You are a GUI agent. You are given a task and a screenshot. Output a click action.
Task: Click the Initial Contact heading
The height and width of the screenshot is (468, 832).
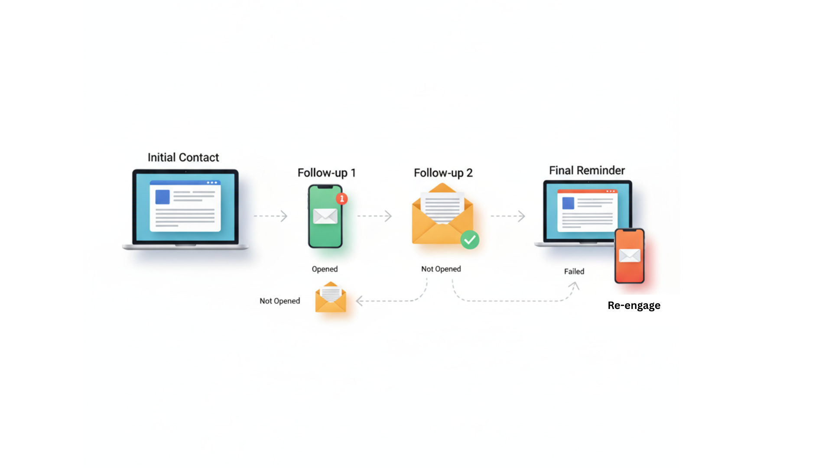pyautogui.click(x=183, y=157)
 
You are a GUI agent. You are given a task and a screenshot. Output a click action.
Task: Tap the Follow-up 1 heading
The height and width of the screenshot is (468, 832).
pyautogui.click(x=326, y=173)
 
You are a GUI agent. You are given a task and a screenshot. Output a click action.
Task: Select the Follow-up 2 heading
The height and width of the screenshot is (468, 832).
pyautogui.click(x=443, y=173)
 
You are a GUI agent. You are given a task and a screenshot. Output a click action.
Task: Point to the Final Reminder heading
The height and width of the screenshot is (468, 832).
pyautogui.click(x=587, y=170)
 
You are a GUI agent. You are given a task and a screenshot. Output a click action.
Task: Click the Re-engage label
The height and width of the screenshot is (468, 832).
pyautogui.click(x=634, y=305)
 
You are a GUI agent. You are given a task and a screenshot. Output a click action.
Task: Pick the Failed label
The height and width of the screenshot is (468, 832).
pyautogui.click(x=574, y=271)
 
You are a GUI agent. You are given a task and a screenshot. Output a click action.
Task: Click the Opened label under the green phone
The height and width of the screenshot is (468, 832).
pyautogui.click(x=325, y=269)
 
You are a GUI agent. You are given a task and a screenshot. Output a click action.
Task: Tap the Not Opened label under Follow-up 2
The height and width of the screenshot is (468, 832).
pyautogui.click(x=441, y=269)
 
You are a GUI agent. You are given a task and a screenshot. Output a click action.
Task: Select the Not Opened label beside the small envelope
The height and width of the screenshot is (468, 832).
pyautogui.click(x=279, y=301)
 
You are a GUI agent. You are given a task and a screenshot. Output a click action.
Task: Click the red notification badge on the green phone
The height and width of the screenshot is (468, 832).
pyautogui.click(x=342, y=199)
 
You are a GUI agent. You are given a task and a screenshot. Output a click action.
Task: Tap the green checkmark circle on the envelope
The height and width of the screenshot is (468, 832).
pyautogui.click(x=470, y=240)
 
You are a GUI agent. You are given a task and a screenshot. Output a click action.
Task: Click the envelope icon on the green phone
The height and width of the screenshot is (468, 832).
pyautogui.click(x=325, y=216)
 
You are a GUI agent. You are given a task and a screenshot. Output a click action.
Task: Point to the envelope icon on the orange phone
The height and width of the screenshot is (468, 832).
pyautogui.click(x=630, y=256)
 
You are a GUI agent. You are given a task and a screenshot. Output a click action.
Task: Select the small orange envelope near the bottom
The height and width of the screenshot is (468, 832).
pyautogui.click(x=331, y=298)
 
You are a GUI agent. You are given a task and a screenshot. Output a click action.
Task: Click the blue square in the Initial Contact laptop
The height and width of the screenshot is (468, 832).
pyautogui.click(x=162, y=197)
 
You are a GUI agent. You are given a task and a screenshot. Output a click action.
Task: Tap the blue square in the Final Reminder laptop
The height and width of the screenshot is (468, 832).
pyautogui.click(x=568, y=203)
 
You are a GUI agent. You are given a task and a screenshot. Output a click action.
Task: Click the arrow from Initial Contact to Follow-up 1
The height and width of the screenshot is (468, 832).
pyautogui.click(x=271, y=216)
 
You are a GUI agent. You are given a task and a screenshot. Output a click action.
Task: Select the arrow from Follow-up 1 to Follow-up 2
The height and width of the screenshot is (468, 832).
pyautogui.click(x=375, y=216)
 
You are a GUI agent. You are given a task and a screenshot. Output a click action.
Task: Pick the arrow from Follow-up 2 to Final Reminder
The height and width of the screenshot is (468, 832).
pyautogui.click(x=508, y=216)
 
